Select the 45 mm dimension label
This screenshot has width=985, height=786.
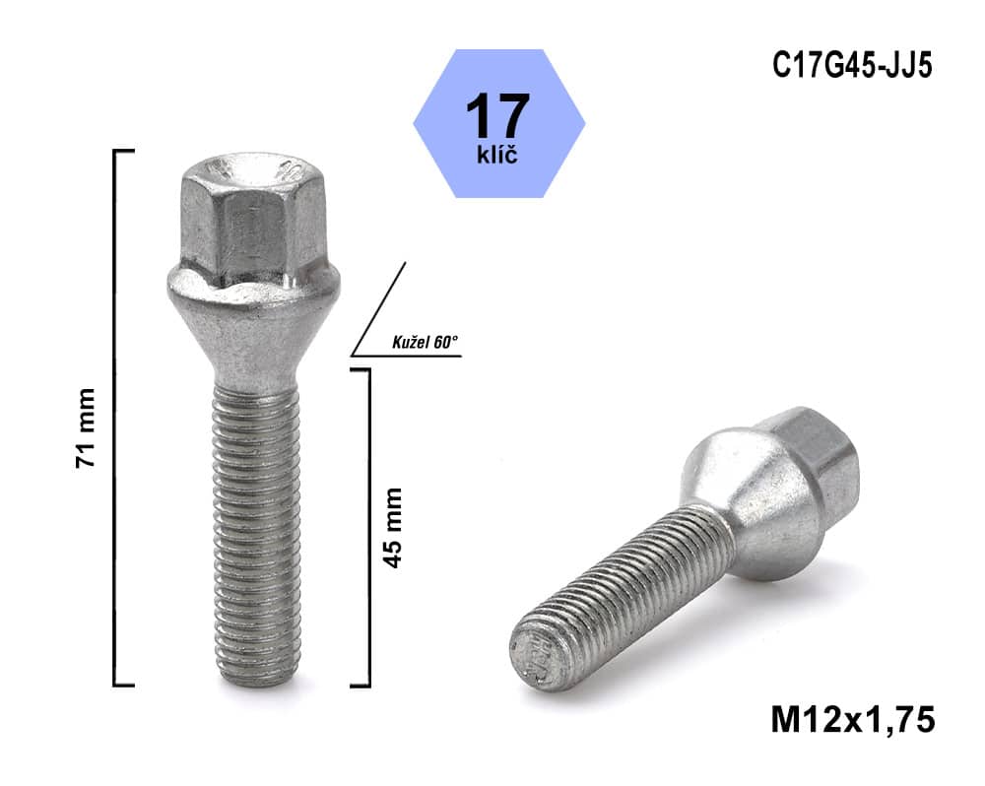[392, 527]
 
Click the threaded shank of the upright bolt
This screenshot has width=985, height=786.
[256, 522]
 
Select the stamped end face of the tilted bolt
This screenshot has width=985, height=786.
[532, 656]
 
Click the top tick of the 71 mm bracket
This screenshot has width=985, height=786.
[124, 151]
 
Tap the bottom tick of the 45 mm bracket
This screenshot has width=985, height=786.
[360, 684]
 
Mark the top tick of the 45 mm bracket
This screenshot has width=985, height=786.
[360, 369]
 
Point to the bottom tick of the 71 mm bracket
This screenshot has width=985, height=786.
[124, 684]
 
